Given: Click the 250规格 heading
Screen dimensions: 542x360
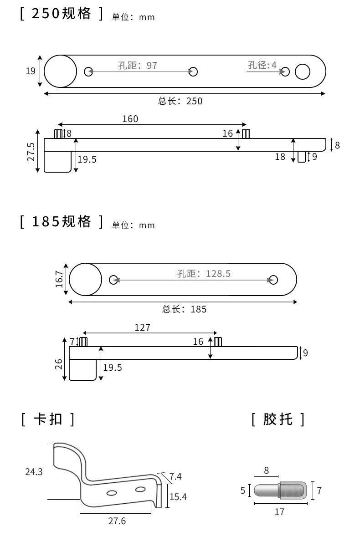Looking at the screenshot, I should pyautogui.click(x=62, y=14).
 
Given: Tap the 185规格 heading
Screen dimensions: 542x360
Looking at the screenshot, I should pyautogui.click(x=62, y=222).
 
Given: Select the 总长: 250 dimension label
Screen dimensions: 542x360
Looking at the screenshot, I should pyautogui.click(x=180, y=101).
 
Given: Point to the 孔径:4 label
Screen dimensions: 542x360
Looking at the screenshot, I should pyautogui.click(x=262, y=65).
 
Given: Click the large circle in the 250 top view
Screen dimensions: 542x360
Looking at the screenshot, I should pyautogui.click(x=61, y=71).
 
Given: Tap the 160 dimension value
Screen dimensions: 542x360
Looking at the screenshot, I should pyautogui.click(x=130, y=119).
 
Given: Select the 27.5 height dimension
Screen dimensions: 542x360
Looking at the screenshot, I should pyautogui.click(x=31, y=152).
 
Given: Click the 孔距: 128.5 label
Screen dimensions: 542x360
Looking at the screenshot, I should pyautogui.click(x=204, y=273).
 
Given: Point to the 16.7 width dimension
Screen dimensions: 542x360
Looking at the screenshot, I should pyautogui.click(x=59, y=279).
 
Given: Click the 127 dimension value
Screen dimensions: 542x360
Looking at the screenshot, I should pyautogui.click(x=142, y=327).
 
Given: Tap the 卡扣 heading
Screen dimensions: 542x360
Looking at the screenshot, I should pyautogui.click(x=47, y=419).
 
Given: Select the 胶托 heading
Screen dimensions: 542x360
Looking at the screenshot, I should pyautogui.click(x=278, y=419).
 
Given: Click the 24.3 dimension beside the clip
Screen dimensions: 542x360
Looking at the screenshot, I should pyautogui.click(x=34, y=472).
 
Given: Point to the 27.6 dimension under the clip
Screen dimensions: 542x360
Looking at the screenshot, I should pyautogui.click(x=117, y=521).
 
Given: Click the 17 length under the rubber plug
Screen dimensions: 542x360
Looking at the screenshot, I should pyautogui.click(x=280, y=512).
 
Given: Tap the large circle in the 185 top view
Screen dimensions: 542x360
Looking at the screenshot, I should pyautogui.click(x=86, y=279).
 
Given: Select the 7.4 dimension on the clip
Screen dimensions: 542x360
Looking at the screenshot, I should pyautogui.click(x=175, y=476).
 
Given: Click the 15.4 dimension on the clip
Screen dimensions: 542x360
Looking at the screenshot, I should pyautogui.click(x=178, y=496).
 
